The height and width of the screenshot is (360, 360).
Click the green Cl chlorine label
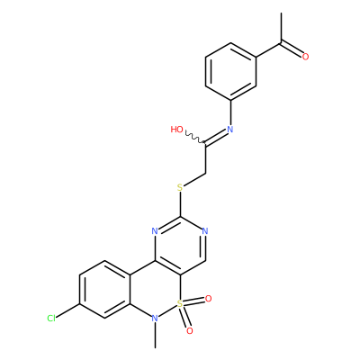[51, 319]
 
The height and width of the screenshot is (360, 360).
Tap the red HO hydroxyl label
[176, 130]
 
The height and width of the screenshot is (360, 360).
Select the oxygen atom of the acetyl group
[305, 57]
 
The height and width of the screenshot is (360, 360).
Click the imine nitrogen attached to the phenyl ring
[230, 130]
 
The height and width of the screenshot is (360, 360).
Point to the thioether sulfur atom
[180, 188]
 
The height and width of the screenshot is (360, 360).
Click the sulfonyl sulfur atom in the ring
[180, 304]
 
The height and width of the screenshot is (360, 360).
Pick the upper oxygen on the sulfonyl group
[208, 299]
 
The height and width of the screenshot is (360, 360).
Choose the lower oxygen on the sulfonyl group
[189, 331]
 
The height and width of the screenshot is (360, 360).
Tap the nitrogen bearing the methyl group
[155, 319]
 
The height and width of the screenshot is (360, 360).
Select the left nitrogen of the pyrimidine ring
[155, 231]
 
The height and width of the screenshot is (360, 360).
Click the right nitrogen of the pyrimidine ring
[205, 231]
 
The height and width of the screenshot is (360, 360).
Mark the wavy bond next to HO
[194, 137]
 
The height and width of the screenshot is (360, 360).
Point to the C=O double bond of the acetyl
[292, 49]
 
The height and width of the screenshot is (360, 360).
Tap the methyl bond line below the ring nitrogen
[155, 336]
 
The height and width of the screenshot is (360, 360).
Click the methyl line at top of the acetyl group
[281, 28]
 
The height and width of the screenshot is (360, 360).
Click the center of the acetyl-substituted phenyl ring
[230, 71]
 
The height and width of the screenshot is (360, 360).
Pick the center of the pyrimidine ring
[180, 246]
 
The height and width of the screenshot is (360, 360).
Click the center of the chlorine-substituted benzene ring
[104, 289]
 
